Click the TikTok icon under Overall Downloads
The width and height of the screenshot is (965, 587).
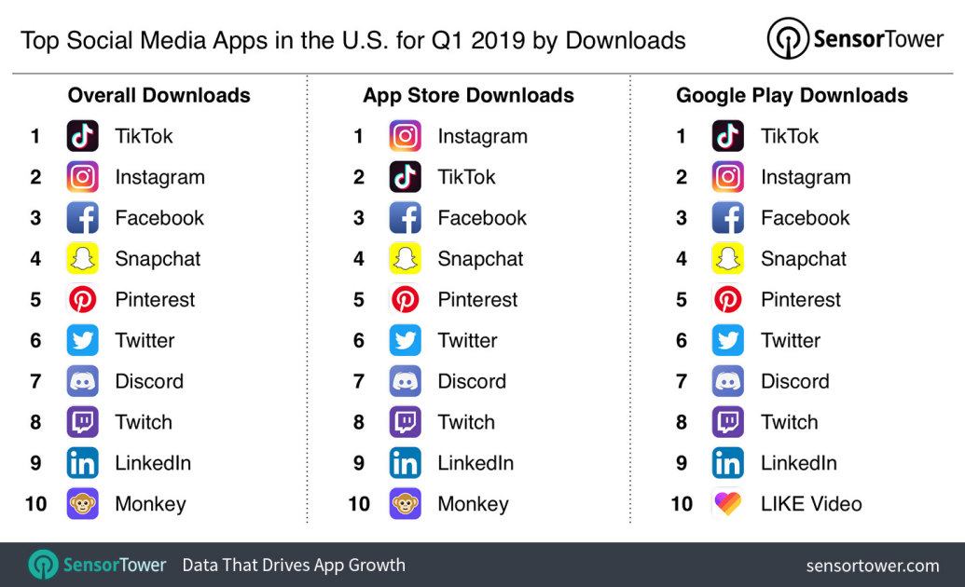point(82,136)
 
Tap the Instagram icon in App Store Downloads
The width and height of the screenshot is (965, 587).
point(405,136)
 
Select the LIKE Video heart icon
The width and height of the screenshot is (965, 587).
point(727,504)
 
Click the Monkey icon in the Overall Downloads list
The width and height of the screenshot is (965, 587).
point(82,504)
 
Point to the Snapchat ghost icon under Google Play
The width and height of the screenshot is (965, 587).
point(727,259)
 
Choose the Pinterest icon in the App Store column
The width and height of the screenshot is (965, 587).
point(405,300)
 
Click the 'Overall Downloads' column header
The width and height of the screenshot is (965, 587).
point(159,95)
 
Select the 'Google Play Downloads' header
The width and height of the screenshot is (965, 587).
point(792,95)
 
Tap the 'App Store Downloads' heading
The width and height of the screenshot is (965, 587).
point(468,95)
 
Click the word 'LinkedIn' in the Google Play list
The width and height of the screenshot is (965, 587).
point(798,463)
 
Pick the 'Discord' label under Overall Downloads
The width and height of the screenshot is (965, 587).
point(149,381)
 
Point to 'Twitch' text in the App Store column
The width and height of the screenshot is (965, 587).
point(466,422)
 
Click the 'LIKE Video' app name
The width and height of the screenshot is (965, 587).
point(811,504)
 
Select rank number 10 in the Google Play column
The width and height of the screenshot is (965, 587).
point(682,504)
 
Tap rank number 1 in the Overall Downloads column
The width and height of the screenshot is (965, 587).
point(35,136)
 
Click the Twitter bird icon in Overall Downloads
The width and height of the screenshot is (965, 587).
point(82,341)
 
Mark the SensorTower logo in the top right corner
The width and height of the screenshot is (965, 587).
point(854,39)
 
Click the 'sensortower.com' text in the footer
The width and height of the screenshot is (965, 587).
point(872,565)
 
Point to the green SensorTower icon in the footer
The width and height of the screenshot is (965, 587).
point(43,565)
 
